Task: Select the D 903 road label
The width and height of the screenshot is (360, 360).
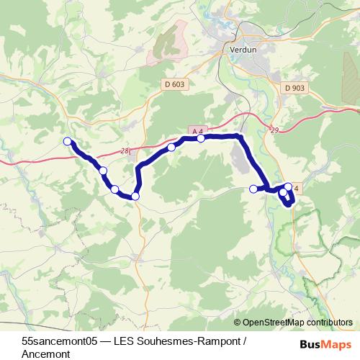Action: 295,88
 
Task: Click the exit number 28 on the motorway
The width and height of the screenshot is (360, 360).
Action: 125,150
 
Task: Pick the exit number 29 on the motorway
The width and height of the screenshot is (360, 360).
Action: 273,130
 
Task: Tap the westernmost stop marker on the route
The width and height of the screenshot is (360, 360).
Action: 68,141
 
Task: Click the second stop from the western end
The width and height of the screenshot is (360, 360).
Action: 103,171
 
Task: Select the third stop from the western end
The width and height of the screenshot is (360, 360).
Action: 114,189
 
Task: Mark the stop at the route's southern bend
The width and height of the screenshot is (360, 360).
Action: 135,196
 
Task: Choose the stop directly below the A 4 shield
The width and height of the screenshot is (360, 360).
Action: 201,138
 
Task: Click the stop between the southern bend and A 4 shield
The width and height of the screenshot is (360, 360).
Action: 171,147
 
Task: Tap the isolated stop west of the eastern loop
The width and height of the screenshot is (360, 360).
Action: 253,189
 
